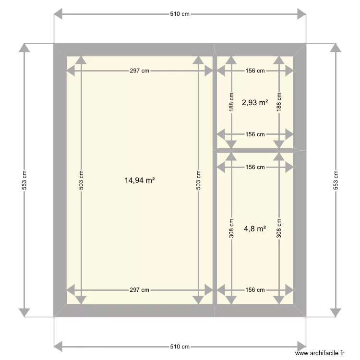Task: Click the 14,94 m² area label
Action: [140, 180]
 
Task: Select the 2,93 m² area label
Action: [255, 102]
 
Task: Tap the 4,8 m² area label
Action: [255, 228]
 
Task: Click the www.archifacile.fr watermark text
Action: [320, 353]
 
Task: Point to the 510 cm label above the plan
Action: [180, 14]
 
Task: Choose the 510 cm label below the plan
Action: [180, 347]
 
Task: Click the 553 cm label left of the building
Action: [24, 180]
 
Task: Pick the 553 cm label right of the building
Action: [336, 180]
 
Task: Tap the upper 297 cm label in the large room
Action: [139, 71]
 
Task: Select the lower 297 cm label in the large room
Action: [139, 290]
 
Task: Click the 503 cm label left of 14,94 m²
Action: [81, 180]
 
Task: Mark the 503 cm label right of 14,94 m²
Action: [198, 180]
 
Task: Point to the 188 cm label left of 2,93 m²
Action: [231, 102]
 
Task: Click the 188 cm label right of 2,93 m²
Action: [279, 102]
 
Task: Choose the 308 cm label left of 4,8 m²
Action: [231, 228]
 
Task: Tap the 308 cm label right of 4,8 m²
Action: [279, 228]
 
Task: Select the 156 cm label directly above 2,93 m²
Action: [255, 71]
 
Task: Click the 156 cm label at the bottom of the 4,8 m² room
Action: [255, 290]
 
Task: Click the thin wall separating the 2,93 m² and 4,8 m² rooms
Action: [255, 151]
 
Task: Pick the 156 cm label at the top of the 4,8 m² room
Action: [255, 167]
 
